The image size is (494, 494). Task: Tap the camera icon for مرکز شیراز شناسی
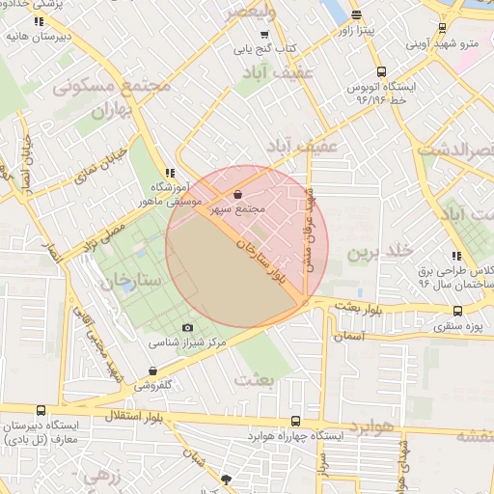coord(187,329)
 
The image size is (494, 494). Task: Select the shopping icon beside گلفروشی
coord(153,371)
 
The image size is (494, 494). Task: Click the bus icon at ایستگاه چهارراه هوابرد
coord(295,421)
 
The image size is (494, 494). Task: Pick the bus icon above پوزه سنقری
coord(457,311)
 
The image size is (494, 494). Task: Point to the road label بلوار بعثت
coord(361,306)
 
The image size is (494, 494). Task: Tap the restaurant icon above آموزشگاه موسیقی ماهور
coord(172,171)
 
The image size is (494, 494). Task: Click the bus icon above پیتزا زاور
coord(357,14)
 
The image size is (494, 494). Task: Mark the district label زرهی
coord(99,475)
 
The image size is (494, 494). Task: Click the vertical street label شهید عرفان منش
coord(311,230)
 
